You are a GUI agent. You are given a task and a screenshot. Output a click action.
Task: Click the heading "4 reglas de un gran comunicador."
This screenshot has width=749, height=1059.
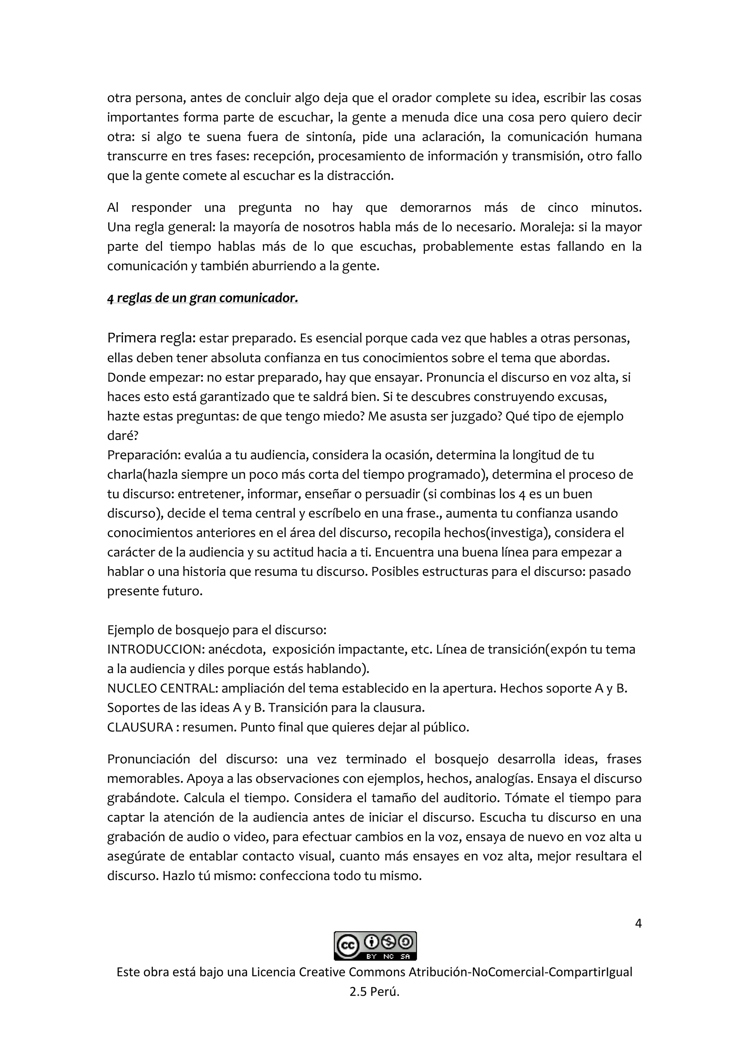[x=203, y=298]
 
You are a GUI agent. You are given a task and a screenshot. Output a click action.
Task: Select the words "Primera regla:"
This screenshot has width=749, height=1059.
[x=152, y=338]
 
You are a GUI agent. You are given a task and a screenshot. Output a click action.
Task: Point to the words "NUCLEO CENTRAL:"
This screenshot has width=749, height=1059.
[x=162, y=688]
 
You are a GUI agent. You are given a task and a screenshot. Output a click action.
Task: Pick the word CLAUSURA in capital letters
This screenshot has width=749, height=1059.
[x=140, y=727]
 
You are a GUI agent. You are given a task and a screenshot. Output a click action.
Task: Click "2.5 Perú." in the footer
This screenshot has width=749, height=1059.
[x=374, y=992]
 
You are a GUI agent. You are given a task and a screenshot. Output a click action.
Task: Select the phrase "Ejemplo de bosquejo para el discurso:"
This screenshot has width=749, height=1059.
[x=217, y=630]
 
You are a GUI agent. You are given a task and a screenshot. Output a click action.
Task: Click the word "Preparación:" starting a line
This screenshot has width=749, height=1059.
[x=144, y=455]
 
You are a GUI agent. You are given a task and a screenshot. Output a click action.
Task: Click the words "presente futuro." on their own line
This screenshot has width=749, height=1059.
[x=155, y=591]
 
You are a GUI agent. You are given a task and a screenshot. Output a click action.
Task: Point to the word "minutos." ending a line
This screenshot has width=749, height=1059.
[x=616, y=208]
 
